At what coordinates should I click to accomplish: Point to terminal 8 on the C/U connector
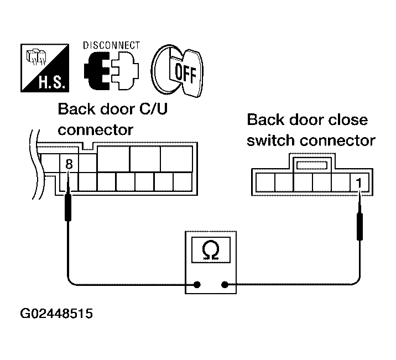(x=69, y=164)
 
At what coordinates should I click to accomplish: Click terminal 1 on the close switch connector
(x=359, y=182)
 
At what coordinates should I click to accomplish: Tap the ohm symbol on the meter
(x=210, y=251)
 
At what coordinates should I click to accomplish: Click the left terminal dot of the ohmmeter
(x=196, y=285)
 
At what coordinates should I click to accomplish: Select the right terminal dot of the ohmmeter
(x=225, y=285)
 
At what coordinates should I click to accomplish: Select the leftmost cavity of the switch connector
(x=264, y=182)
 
